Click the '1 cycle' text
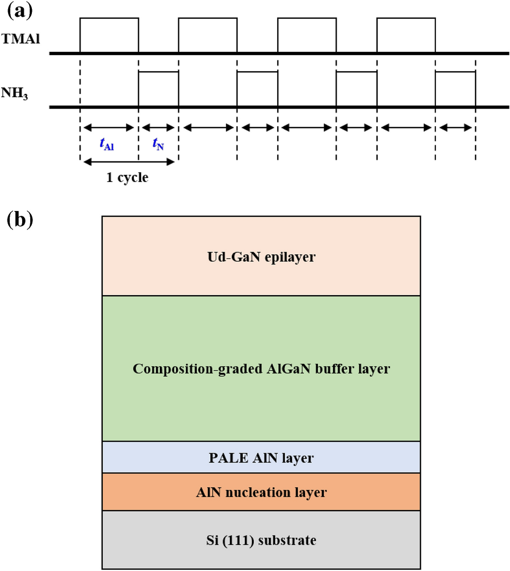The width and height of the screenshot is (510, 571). tap(128, 177)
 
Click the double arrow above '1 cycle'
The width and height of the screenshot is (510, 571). tap(129, 160)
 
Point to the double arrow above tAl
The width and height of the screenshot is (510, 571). tap(109, 128)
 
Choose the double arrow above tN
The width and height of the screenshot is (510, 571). tap(158, 128)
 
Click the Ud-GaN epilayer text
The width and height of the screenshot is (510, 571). tap(261, 257)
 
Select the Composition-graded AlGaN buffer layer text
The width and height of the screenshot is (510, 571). tap(261, 370)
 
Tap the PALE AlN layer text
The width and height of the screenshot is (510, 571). tap(261, 458)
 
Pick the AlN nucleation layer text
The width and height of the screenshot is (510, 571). tap(261, 492)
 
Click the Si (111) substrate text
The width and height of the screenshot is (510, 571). tap(261, 539)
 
